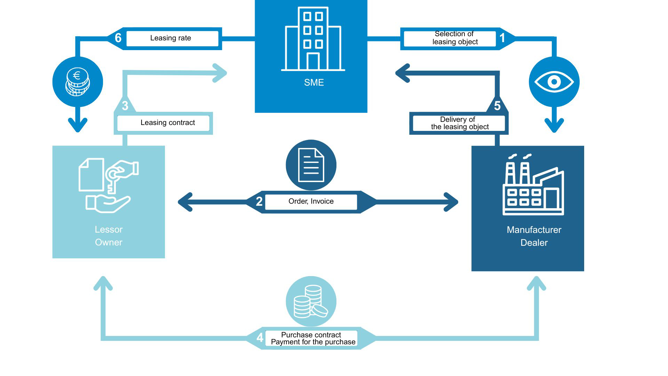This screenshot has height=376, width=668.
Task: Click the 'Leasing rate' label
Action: (170, 38)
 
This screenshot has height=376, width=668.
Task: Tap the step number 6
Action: (118, 38)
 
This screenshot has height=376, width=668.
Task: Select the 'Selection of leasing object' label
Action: (454, 38)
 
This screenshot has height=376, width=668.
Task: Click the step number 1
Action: (502, 38)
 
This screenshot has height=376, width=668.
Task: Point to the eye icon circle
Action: (554, 82)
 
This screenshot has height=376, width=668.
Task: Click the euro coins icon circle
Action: (78, 82)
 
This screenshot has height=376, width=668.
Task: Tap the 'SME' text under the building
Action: (314, 83)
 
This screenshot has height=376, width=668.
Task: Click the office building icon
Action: (313, 39)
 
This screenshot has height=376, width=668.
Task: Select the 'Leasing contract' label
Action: (167, 123)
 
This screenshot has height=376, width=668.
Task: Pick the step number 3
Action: (125, 106)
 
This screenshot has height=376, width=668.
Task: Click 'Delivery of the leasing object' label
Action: (459, 123)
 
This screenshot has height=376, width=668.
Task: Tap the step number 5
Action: (497, 106)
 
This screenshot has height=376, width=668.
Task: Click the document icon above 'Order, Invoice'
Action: (311, 165)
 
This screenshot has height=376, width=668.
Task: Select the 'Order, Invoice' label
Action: (311, 201)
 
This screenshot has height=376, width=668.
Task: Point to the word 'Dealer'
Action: (534, 243)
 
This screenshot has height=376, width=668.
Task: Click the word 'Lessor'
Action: (109, 229)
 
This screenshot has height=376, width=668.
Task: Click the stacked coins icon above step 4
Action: (311, 301)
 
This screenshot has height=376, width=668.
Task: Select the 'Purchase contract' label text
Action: (311, 335)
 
